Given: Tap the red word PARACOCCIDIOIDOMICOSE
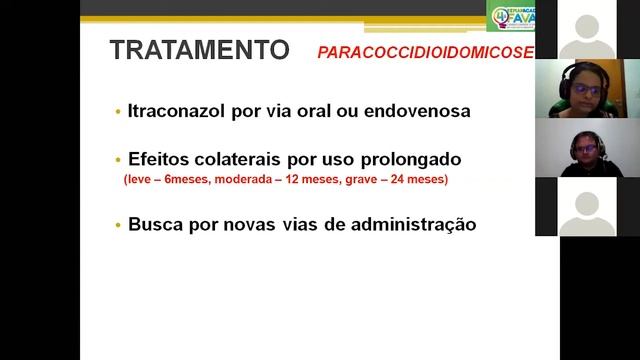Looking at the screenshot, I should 426,52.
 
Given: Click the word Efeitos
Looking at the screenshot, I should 159,160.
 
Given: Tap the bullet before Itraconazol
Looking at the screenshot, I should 118,111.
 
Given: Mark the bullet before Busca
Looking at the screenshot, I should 118,225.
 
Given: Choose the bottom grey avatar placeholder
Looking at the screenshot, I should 587,210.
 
